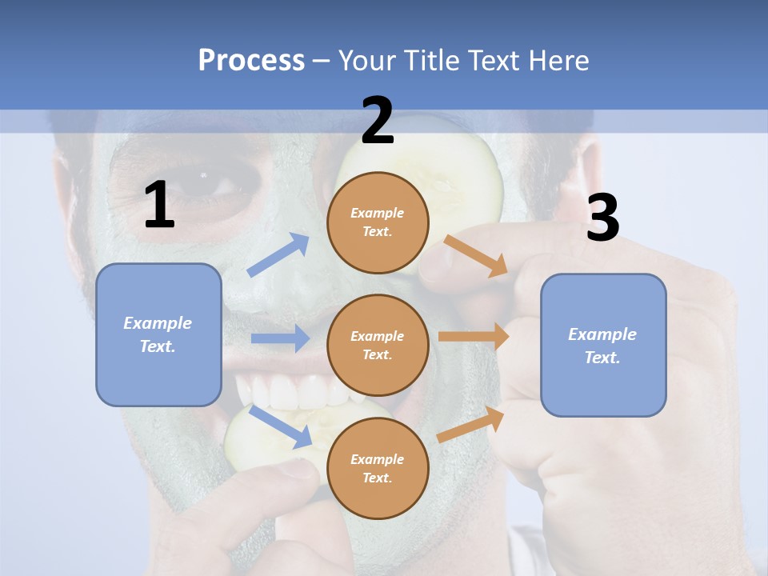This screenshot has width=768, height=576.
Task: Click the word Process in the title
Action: (251, 60)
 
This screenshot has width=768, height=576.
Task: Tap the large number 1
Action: (159, 205)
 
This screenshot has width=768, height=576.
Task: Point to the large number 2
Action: (378, 121)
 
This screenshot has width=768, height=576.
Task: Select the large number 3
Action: (602, 218)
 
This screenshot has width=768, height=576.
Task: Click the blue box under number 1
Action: (158, 334)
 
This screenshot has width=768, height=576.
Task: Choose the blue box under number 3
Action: (603, 345)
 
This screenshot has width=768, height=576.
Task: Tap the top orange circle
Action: (378, 222)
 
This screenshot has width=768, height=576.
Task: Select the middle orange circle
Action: (378, 345)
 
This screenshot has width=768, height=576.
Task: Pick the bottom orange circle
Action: (378, 468)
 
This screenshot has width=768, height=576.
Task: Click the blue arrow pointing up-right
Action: (278, 255)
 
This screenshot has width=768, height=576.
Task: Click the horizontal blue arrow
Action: (280, 338)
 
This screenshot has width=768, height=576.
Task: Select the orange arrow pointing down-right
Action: (475, 255)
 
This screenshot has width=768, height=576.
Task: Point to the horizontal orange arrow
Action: (474, 337)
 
